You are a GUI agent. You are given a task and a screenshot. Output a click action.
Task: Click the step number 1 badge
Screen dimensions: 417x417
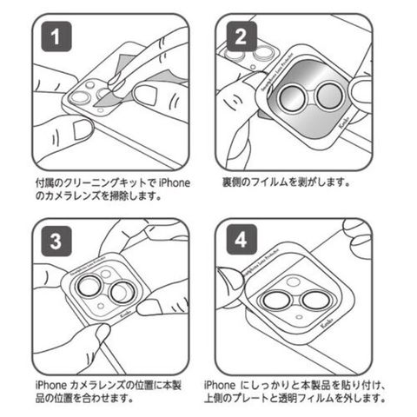tap(56, 36)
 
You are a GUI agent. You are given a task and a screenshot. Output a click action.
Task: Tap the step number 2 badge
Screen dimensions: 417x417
tap(242, 36)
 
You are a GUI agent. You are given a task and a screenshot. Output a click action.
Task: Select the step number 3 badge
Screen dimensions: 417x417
tap(56, 242)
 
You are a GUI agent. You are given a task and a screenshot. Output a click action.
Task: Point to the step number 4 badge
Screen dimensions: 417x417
tap(242, 240)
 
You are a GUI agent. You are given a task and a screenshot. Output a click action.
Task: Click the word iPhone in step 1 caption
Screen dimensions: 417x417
tap(175, 183)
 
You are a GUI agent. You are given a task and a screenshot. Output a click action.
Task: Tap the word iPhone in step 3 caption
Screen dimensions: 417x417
tap(51, 385)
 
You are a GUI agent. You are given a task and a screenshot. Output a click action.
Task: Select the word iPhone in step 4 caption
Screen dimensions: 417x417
tap(220, 385)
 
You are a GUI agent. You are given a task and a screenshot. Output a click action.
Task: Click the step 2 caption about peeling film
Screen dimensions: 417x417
tap(286, 182)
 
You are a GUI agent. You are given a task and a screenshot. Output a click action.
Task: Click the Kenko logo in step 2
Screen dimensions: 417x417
tap(345, 122)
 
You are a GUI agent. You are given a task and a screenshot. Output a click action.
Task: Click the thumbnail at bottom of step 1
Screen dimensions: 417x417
tap(82, 129)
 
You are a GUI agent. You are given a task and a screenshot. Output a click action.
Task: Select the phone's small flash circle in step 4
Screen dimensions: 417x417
tap(300, 317)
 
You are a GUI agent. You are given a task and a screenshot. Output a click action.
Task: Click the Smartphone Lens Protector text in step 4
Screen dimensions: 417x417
tap(259, 261)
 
